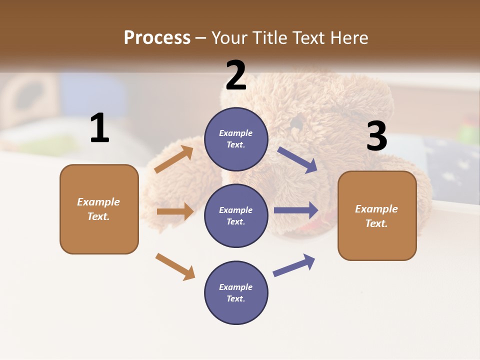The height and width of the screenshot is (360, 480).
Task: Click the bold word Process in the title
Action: pos(157,37)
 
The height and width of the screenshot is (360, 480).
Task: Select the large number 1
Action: pos(99,128)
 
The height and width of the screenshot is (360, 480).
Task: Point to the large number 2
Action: pos(236,75)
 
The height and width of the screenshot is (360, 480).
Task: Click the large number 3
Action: pos(376,136)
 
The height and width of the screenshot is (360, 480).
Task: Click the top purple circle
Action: pos(236,139)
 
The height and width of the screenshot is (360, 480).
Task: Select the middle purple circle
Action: pos(236,215)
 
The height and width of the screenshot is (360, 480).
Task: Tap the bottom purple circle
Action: pos(236,292)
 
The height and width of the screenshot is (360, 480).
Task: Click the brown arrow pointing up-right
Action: pos(174,159)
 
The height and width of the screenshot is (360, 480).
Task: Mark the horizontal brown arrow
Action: pos(175,211)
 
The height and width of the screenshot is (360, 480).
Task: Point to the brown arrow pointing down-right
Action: pos(175,266)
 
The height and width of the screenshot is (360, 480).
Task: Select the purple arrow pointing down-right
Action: pos(297,160)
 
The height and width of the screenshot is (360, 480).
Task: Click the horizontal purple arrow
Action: pos(296,210)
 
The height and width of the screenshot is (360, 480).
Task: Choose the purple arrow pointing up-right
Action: pos(294,265)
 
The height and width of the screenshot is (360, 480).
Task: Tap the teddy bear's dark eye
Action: pos(296,122)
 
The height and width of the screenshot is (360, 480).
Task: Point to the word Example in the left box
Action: pos(98,202)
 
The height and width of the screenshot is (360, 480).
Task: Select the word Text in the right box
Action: pos(376,223)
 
